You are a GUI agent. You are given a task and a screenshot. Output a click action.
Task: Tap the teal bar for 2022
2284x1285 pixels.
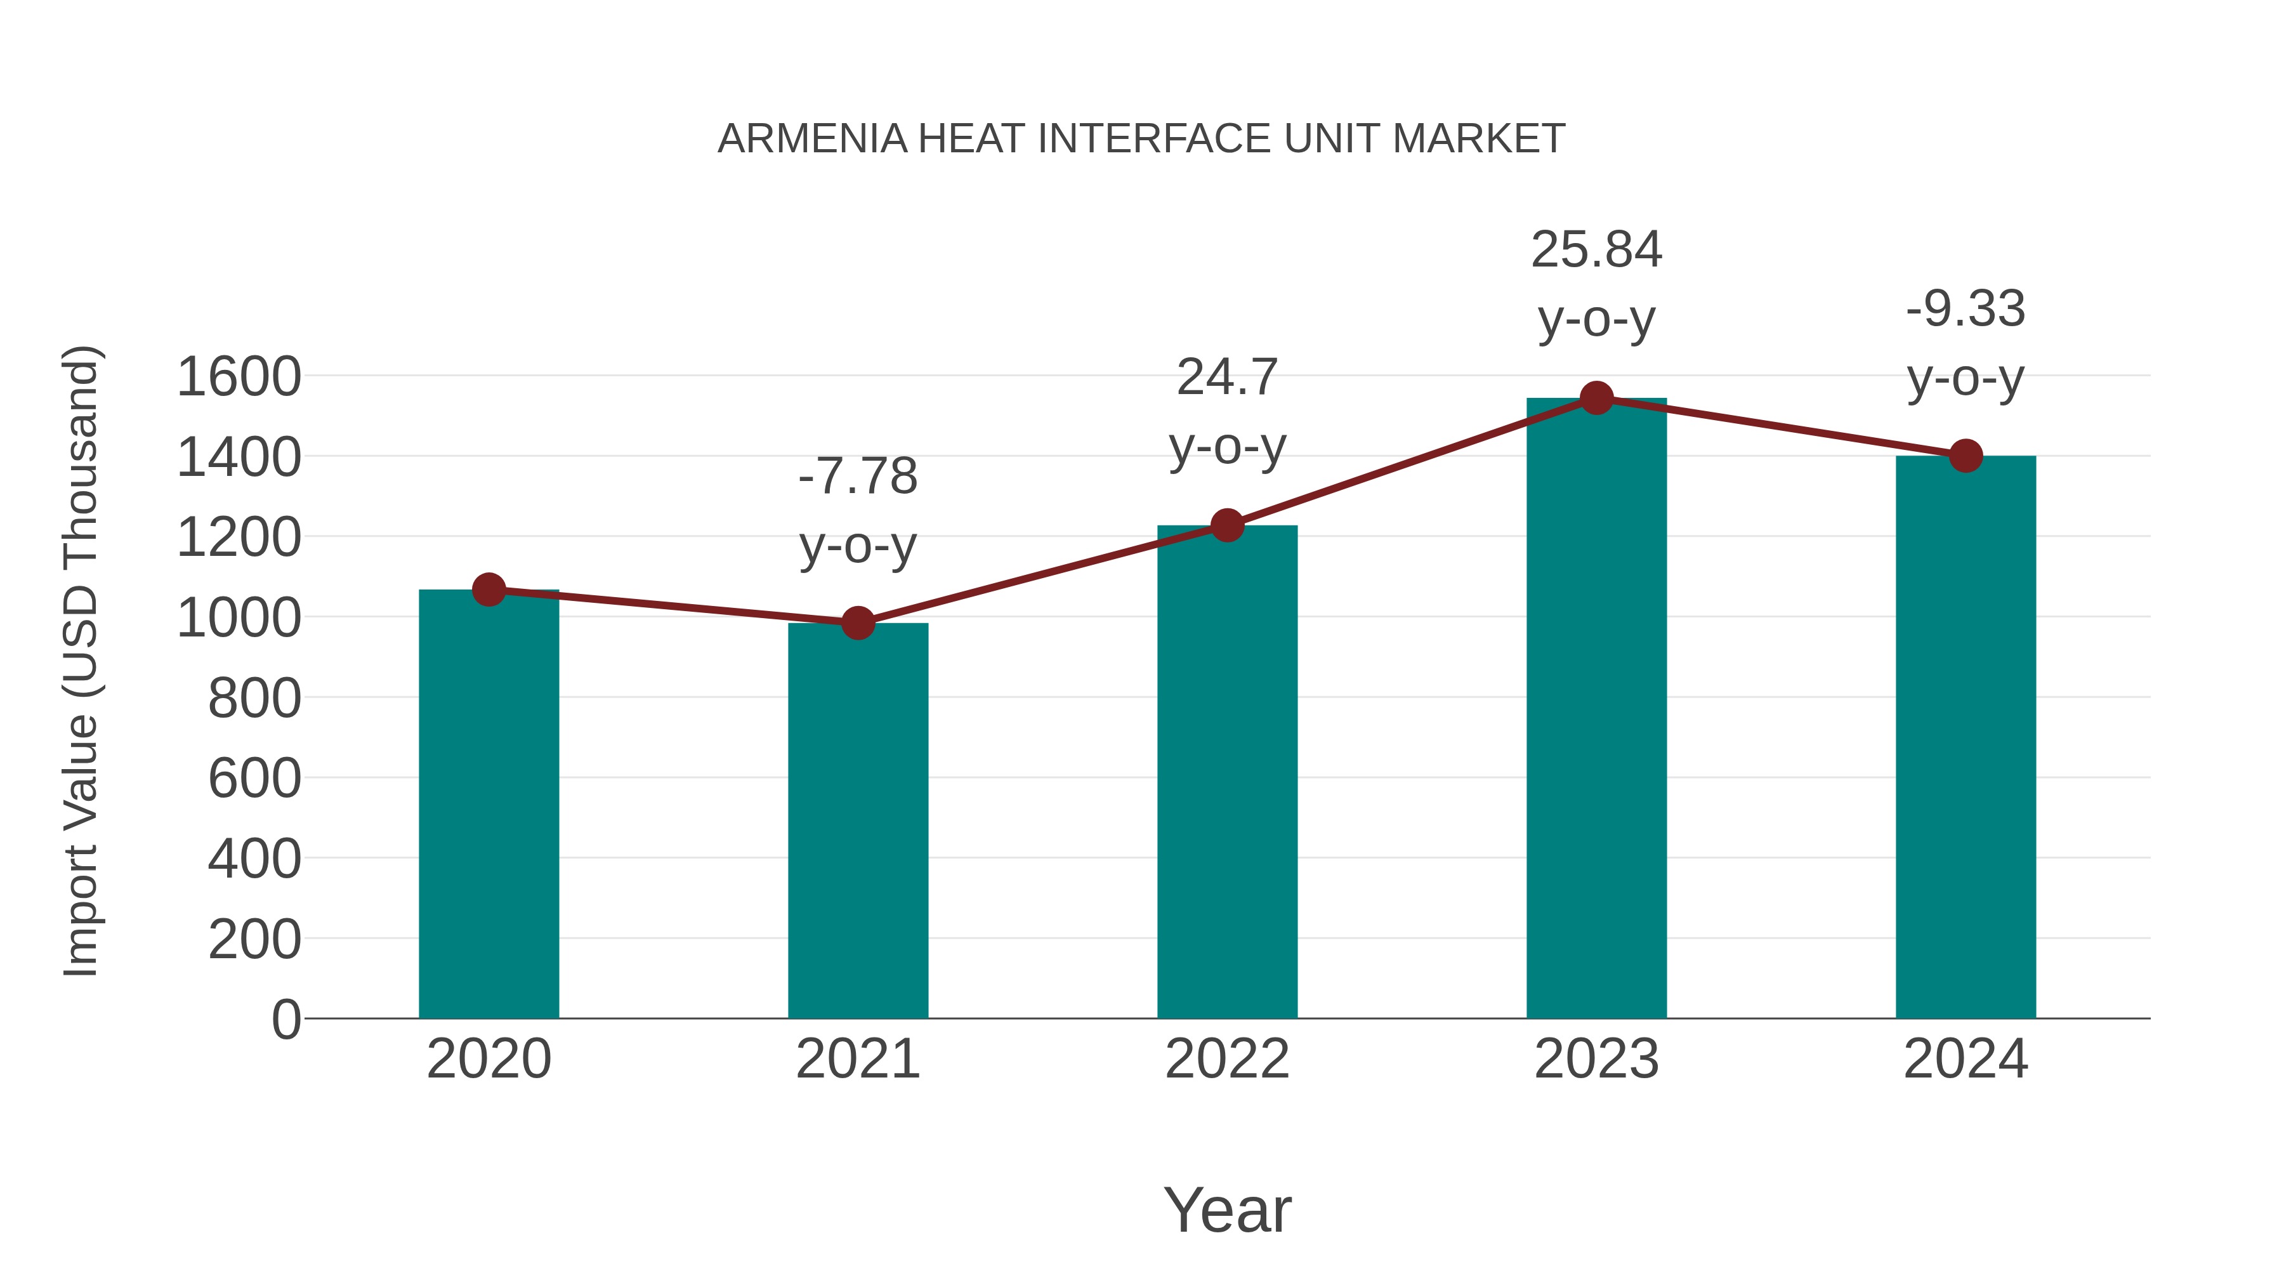[1227, 772]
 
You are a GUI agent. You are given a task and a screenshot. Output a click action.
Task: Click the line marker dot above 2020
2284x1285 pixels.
[489, 590]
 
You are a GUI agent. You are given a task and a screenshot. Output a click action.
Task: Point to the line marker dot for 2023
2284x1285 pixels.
[1596, 398]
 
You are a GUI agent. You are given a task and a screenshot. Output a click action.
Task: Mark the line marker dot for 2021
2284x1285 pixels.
[857, 623]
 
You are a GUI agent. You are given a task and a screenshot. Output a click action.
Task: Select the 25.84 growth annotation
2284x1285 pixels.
[1596, 250]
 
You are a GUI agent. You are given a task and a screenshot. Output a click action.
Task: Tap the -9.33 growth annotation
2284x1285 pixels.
[1966, 310]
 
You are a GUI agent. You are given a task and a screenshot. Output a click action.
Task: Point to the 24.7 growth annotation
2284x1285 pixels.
[1227, 378]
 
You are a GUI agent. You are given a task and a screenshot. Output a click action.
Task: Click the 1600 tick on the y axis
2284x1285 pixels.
[239, 377]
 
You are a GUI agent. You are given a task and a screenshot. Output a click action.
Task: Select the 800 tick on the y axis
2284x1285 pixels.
[254, 699]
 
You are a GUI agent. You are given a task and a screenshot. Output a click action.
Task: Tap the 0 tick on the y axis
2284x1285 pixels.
[285, 1020]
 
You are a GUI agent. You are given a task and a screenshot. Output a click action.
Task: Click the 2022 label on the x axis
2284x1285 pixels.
[1227, 1059]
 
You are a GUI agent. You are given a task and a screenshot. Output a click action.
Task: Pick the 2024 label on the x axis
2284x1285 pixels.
[1966, 1059]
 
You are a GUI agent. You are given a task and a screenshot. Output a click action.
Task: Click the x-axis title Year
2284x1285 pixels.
[1227, 1209]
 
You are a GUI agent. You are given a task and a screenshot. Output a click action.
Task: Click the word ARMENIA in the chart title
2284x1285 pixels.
[812, 139]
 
